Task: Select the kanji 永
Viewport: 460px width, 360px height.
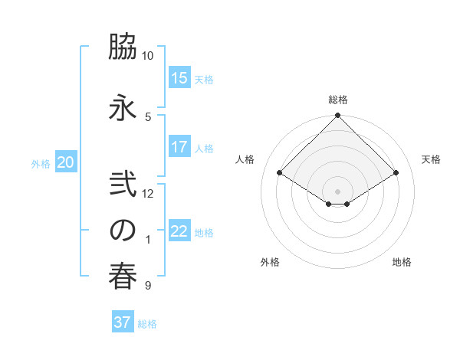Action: pos(123,107)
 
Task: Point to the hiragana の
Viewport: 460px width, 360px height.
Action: pos(123,231)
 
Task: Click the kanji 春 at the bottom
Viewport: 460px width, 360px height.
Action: pos(123,277)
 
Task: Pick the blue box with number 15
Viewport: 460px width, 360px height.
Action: pos(179,78)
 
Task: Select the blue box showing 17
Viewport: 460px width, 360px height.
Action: pos(179,147)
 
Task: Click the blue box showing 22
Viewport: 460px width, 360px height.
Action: pos(179,231)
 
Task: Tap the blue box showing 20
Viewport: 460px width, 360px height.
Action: pos(66,162)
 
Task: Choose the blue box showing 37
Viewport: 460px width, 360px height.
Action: pos(123,322)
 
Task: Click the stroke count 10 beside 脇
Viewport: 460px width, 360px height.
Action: pos(147,56)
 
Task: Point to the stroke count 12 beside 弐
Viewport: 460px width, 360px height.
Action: pos(148,194)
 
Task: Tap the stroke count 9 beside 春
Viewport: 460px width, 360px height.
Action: pos(147,286)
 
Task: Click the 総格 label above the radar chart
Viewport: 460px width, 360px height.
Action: pos(338,100)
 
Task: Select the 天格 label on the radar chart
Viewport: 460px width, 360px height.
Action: pos(432,159)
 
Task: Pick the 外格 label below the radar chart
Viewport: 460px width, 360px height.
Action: pos(270,262)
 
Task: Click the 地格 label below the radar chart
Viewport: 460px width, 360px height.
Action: pos(402,262)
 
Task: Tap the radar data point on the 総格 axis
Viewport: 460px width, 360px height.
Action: pos(337,116)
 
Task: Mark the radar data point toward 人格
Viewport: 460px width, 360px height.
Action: pos(280,173)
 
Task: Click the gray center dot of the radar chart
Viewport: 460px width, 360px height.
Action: pos(337,191)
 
